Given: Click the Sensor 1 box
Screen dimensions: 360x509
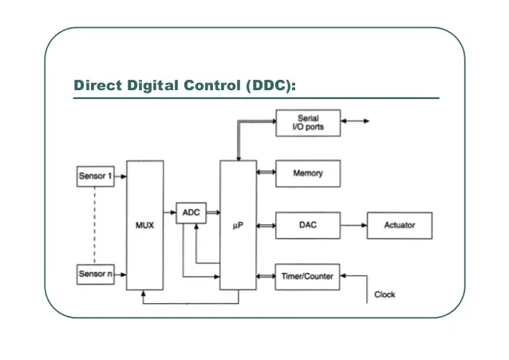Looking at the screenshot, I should pos(94,176).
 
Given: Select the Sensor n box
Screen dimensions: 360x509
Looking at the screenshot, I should pos(94,274).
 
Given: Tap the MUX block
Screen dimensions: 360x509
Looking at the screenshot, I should pos(144,225).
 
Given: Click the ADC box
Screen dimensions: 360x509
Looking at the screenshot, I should pos(191,212).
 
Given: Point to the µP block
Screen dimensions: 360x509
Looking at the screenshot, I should pos(238,225).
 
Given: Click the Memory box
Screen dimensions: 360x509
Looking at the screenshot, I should pos(308,173).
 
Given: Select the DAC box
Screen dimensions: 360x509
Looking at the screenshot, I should pos(308,225).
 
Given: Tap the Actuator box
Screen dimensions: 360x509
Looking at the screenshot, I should pos(399,225).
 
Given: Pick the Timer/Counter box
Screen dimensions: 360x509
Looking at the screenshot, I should pos(308,276).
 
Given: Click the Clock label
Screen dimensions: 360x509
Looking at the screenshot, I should pos(385,295).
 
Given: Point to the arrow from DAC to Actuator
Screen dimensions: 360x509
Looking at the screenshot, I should pos(353,225).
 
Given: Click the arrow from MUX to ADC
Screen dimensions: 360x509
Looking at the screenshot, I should pos(169,212).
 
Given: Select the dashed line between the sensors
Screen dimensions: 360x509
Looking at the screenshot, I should pos(94,225).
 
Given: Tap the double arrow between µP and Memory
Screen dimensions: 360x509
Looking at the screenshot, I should pos(266,173).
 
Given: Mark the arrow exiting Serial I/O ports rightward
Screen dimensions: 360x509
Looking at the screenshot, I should pos(355,122).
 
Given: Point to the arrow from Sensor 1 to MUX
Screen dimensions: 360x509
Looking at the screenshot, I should pos(120,176).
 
